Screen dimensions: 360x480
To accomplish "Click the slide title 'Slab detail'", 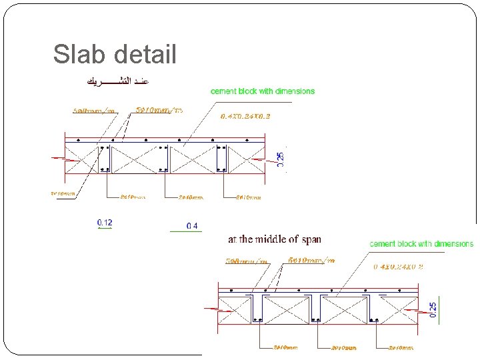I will pyautogui.click(x=115, y=55).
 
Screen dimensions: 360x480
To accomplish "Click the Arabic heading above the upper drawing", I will pyautogui.click(x=116, y=81).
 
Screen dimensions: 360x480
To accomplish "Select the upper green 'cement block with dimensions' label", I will pyautogui.click(x=262, y=91).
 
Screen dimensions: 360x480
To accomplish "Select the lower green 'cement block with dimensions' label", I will pyautogui.click(x=421, y=244).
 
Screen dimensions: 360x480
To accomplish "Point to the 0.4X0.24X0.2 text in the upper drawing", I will pyautogui.click(x=245, y=115).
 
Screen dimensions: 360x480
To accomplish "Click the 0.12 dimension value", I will pyautogui.click(x=105, y=222).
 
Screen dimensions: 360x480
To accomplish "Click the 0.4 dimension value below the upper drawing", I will pyautogui.click(x=192, y=226).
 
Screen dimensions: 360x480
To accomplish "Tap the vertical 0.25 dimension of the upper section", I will pyautogui.click(x=281, y=159).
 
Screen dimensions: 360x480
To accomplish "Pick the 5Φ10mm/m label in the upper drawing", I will pyautogui.click(x=159, y=110).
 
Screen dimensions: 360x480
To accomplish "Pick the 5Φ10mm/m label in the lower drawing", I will pyautogui.click(x=311, y=260).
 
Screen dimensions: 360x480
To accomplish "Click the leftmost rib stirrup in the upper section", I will pyautogui.click(x=105, y=159).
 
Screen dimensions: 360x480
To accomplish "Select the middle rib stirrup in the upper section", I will pyautogui.click(x=163, y=159).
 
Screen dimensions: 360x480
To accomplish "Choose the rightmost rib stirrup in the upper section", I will pyautogui.click(x=221, y=159).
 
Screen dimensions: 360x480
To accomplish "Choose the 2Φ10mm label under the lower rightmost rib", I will pyautogui.click(x=401, y=347).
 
